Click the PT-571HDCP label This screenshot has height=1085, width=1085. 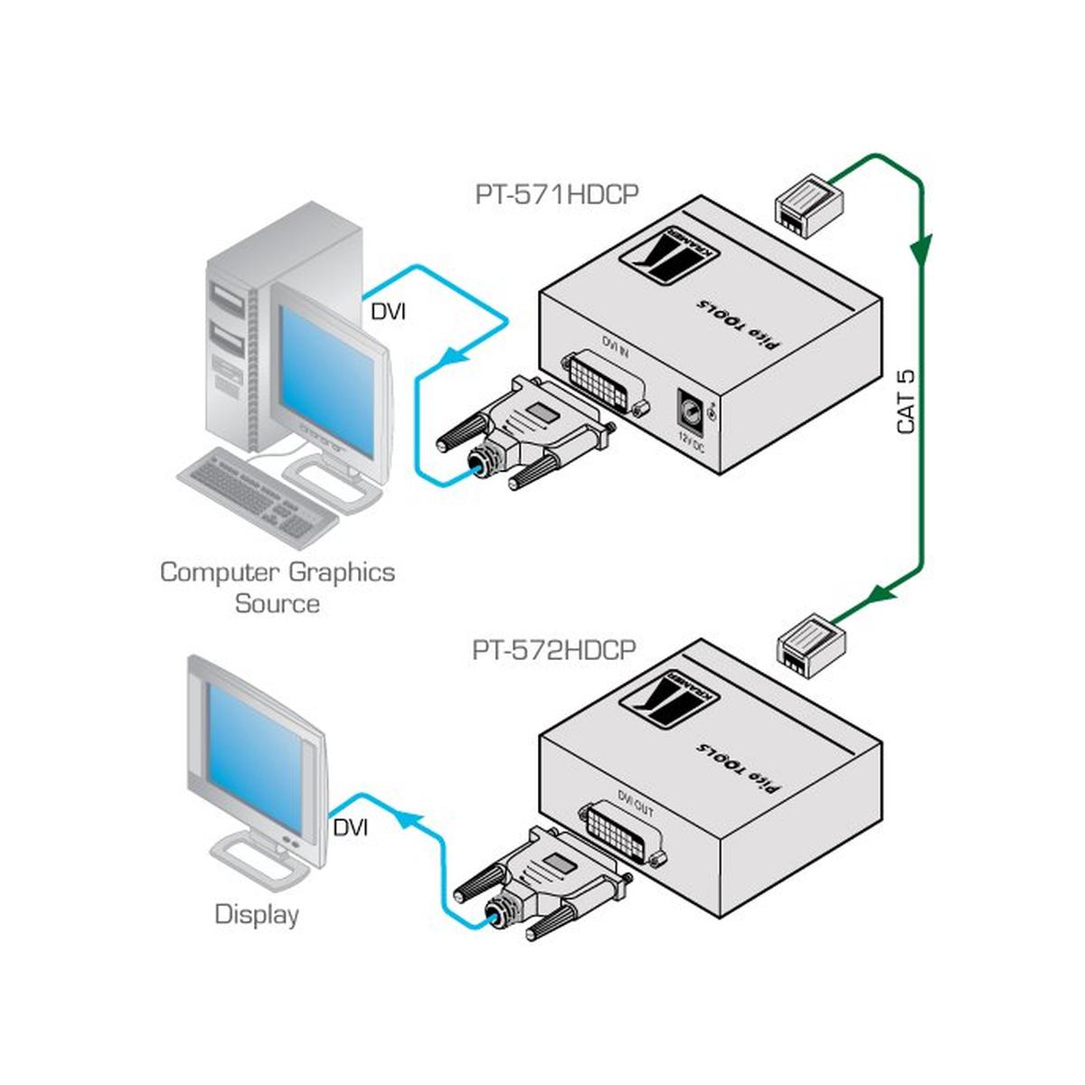tap(556, 196)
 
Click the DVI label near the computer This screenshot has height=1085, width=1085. tap(389, 312)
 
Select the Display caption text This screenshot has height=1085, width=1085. tap(257, 914)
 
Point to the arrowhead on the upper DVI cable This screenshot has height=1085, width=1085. tap(448, 359)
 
